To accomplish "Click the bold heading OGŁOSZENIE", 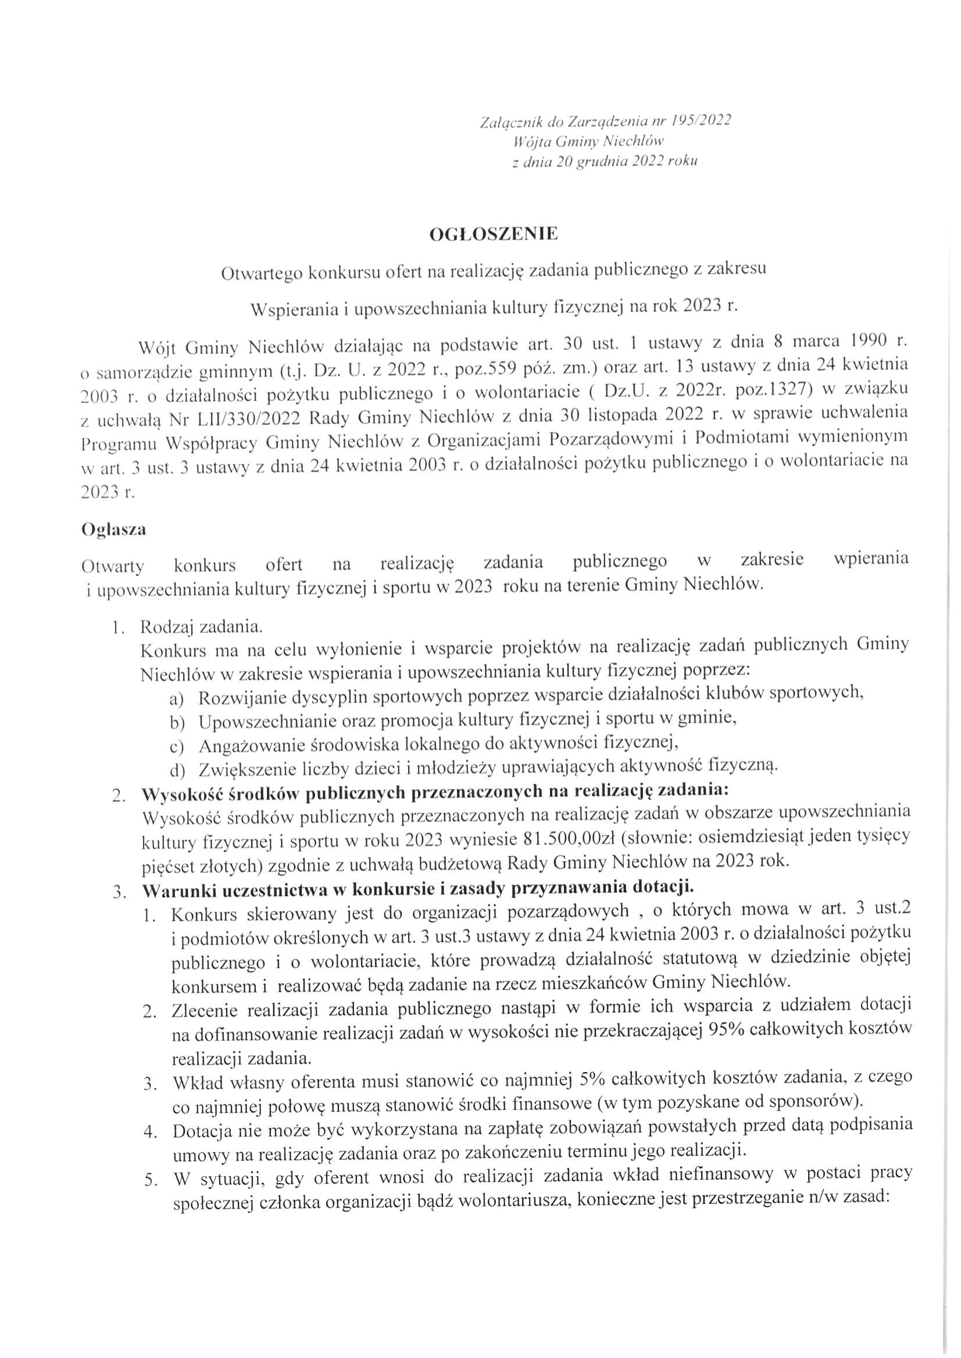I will pyautogui.click(x=494, y=235).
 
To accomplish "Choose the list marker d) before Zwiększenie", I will pyautogui.click(x=177, y=770).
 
